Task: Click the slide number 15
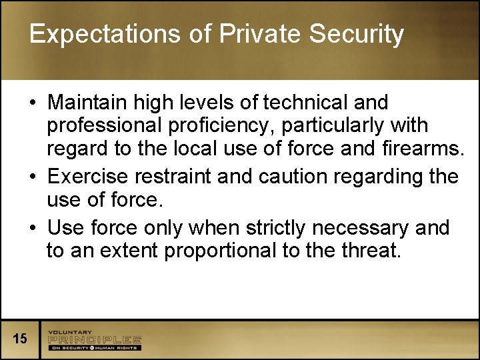coord(20,339)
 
